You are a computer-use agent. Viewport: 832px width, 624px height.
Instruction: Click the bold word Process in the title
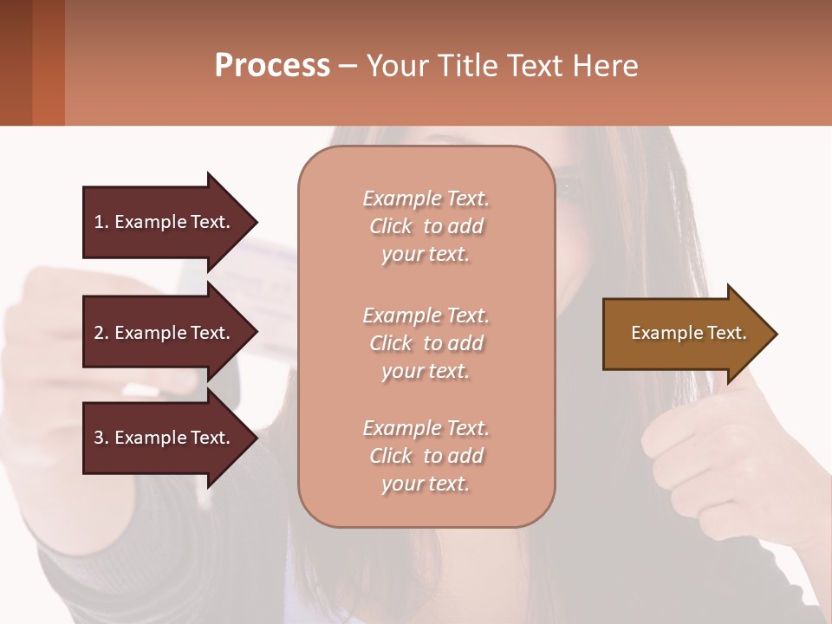pos(272,66)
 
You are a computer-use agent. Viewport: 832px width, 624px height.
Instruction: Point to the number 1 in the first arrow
pos(98,222)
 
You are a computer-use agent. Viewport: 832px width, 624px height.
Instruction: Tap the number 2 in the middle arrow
pos(98,333)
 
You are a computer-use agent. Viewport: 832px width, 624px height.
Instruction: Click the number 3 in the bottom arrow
pos(98,438)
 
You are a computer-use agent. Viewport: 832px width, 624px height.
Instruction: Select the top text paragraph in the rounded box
pos(426,226)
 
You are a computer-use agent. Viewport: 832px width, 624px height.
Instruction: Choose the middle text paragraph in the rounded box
pos(426,343)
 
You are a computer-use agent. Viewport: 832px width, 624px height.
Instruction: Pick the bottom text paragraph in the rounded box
pos(426,456)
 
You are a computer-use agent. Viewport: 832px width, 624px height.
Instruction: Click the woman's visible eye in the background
pos(568,185)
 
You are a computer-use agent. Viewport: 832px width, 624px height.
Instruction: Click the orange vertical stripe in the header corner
pos(49,62)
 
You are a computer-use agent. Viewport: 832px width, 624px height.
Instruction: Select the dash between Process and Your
pos(348,66)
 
